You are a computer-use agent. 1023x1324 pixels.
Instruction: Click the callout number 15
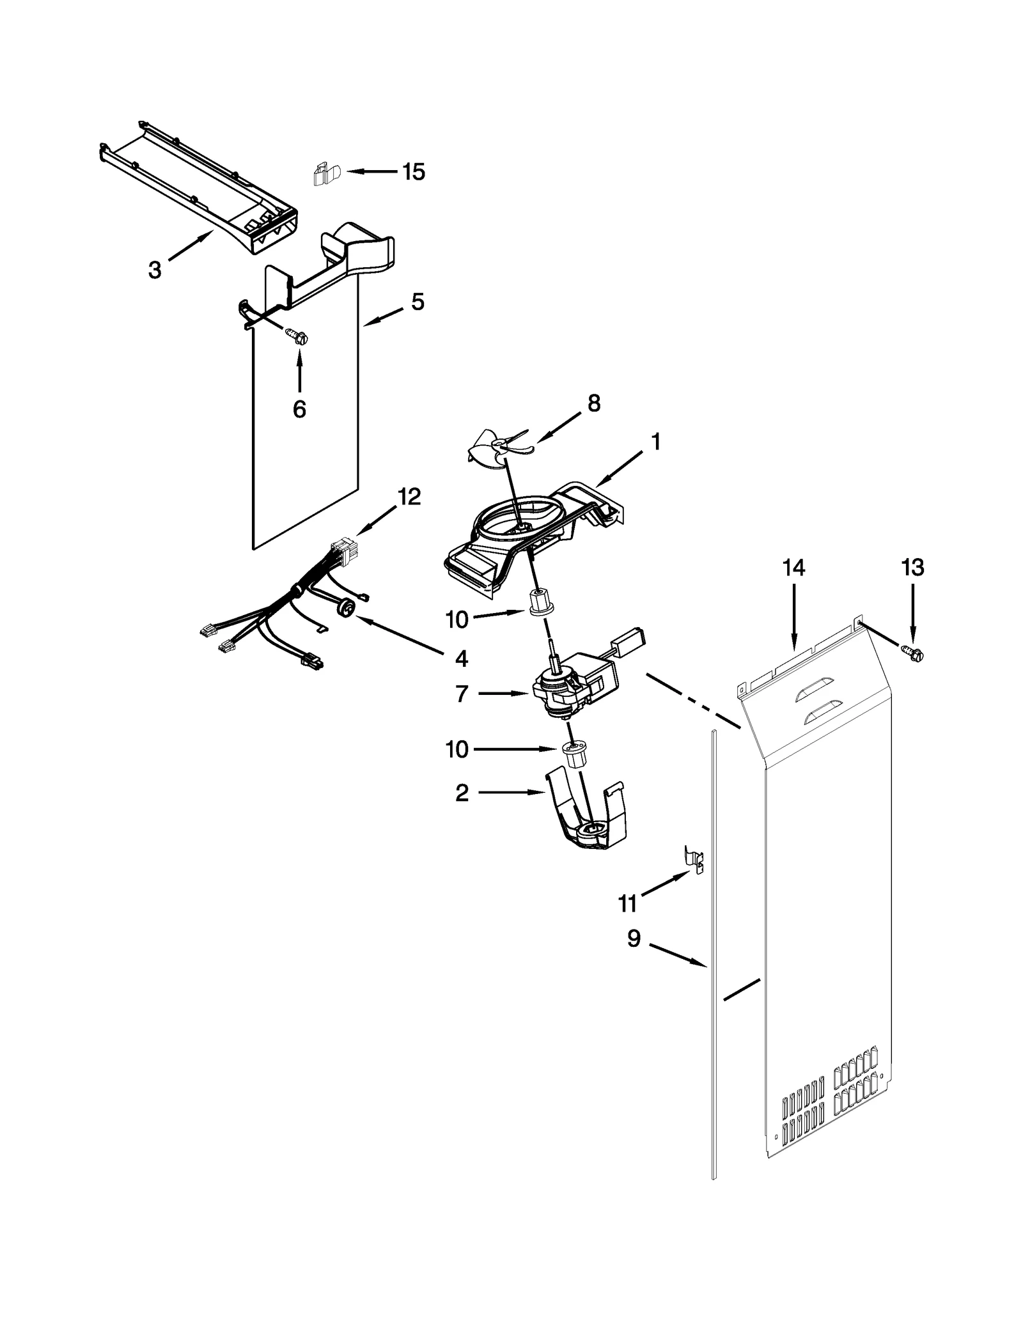[414, 172]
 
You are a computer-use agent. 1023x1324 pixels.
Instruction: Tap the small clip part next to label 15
[327, 174]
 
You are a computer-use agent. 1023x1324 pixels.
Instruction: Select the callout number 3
[154, 270]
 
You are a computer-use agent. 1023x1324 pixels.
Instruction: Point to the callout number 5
[418, 302]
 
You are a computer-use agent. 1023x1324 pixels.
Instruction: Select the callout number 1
[655, 442]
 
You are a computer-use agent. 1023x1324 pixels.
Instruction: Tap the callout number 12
[409, 496]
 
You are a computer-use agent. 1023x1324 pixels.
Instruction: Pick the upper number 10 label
[457, 619]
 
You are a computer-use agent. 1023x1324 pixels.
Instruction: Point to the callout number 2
[462, 793]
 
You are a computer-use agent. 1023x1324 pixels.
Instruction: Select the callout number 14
[793, 568]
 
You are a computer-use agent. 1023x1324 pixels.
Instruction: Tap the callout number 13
[912, 568]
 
